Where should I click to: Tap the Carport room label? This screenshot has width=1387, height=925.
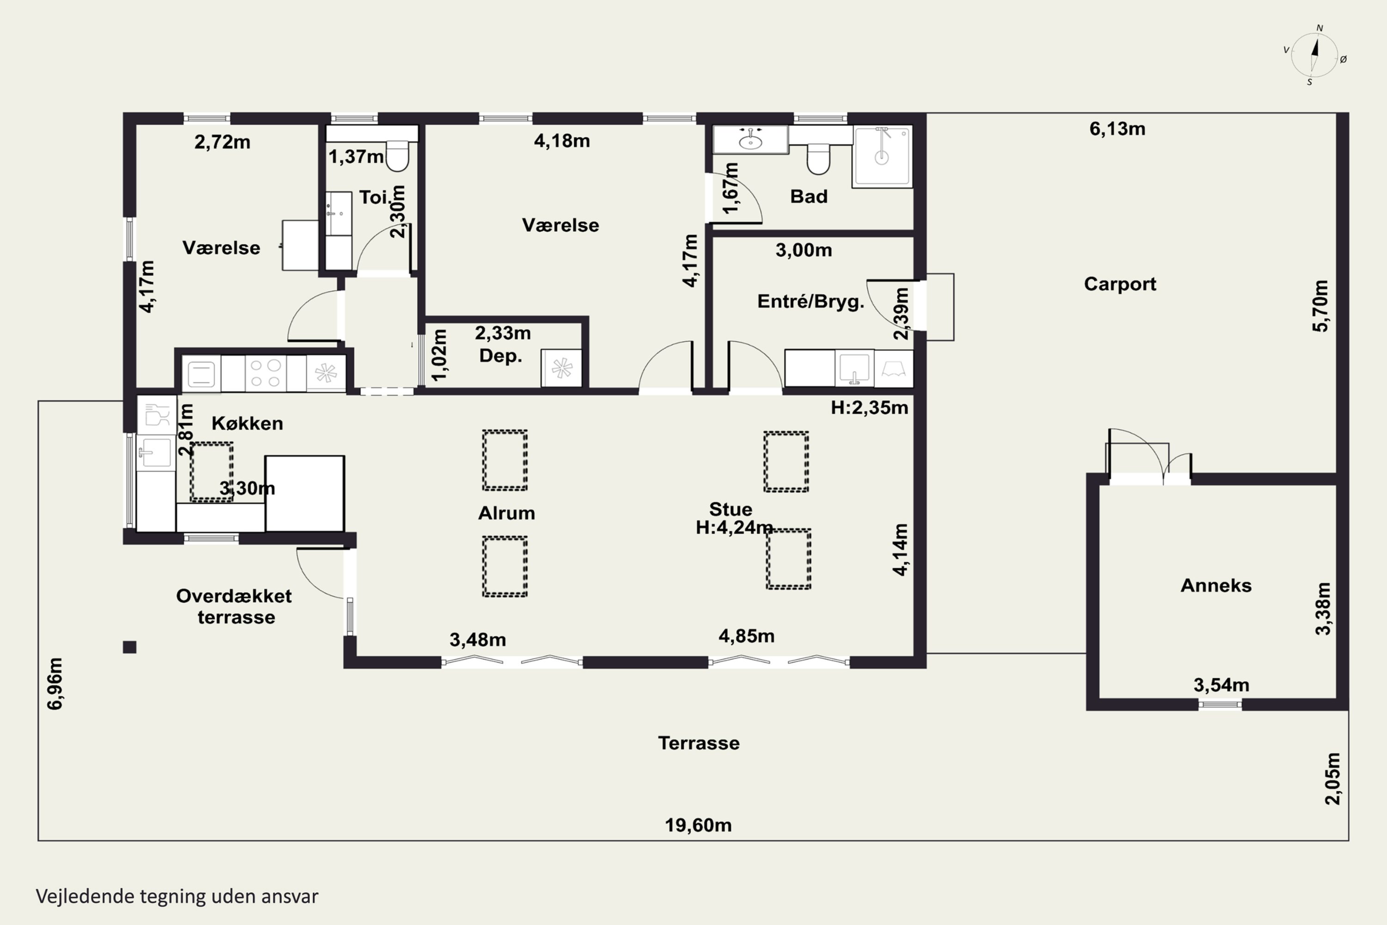(x=1120, y=284)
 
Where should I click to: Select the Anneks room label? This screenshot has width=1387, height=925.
(x=1216, y=585)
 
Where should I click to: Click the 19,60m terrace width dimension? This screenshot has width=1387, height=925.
(x=698, y=825)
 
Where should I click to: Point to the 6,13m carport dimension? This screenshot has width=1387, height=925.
(x=1117, y=129)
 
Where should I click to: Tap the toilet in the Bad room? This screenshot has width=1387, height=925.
(x=818, y=159)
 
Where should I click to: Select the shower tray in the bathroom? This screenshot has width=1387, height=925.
(x=882, y=156)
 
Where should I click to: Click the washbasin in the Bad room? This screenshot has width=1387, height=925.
(x=750, y=140)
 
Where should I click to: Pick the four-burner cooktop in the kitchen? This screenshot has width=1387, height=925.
(x=265, y=373)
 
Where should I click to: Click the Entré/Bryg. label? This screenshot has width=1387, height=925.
(x=810, y=302)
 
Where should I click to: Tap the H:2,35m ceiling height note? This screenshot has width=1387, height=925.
(x=869, y=407)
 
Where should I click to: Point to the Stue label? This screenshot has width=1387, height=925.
(x=730, y=509)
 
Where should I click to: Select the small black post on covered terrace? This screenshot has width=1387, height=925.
(x=130, y=647)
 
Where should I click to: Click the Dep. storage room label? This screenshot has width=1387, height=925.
(x=501, y=356)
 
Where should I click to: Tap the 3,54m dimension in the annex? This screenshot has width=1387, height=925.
(x=1221, y=685)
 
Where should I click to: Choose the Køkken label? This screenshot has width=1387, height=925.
(x=247, y=423)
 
